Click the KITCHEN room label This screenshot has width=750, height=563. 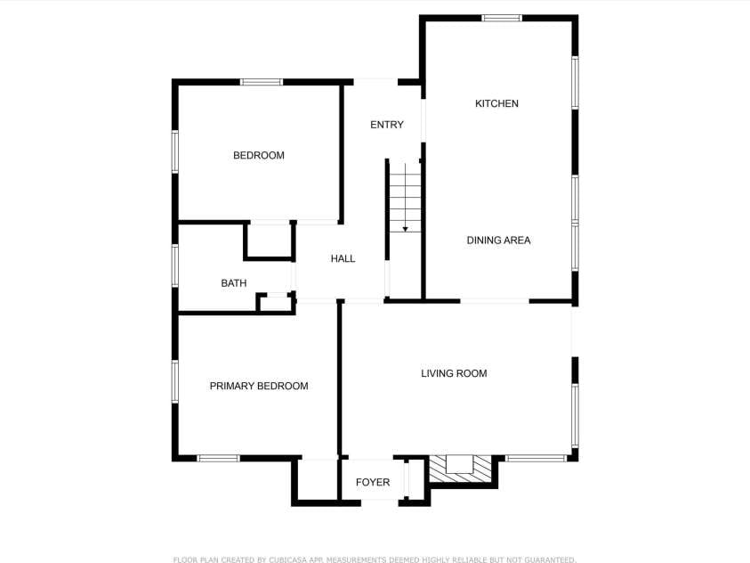click(496, 103)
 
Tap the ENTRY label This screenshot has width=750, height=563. click(387, 125)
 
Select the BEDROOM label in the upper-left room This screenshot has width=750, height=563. click(259, 155)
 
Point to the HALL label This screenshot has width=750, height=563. click(343, 258)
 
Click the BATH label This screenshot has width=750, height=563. click(234, 283)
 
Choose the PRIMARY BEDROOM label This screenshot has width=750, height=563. click(259, 386)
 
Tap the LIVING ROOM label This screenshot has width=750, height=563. click(454, 373)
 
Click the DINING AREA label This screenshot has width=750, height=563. click(498, 241)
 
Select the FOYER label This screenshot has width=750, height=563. click(373, 482)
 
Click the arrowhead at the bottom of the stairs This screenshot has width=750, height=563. click(405, 229)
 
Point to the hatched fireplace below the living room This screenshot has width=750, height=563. click(460, 469)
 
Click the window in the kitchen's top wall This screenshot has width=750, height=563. click(501, 18)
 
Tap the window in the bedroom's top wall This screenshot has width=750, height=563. click(262, 82)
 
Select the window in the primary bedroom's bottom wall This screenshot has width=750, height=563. click(219, 459)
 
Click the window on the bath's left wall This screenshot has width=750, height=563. click(175, 265)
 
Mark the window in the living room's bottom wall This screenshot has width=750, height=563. click(536, 459)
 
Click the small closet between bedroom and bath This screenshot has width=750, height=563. click(269, 241)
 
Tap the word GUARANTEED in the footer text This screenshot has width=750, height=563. click(550, 559)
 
